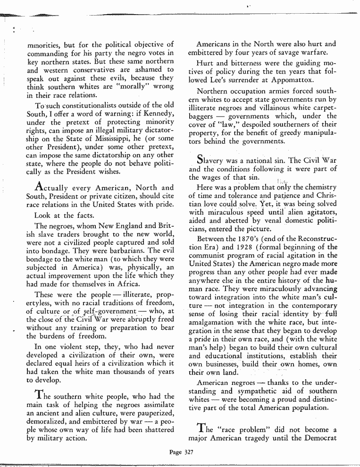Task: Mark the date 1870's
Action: pos(256,239)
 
